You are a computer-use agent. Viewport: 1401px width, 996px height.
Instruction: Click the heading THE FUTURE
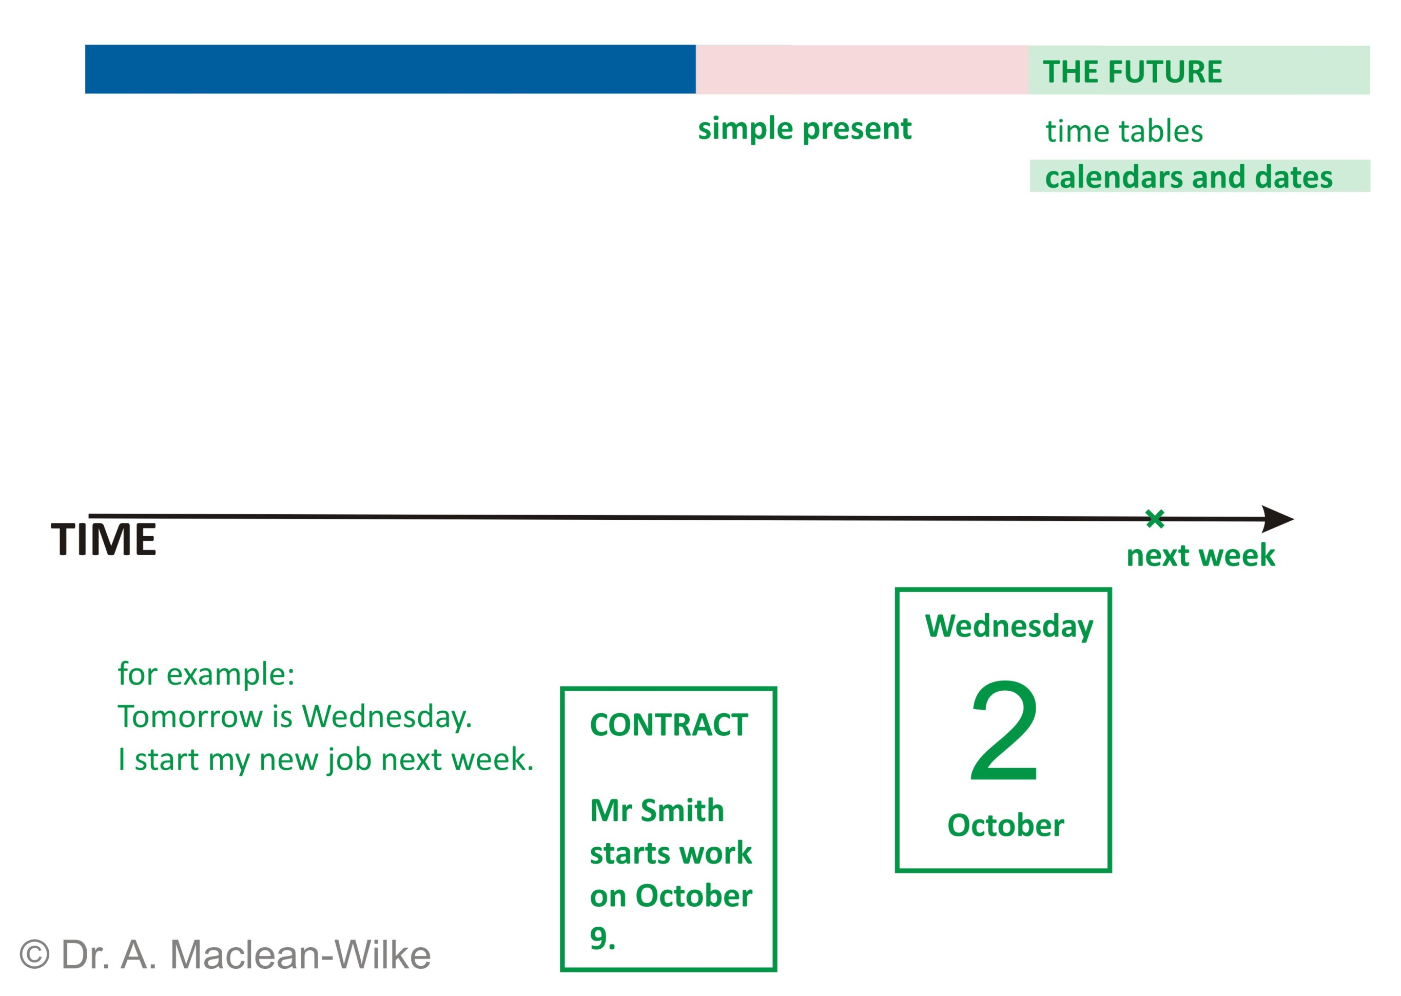coord(1132,72)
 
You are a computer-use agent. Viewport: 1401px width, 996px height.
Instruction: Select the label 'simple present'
coord(804,129)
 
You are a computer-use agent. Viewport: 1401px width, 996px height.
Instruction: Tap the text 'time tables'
coord(1124,131)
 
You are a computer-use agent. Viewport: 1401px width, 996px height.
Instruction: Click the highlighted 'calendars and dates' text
coord(1188,177)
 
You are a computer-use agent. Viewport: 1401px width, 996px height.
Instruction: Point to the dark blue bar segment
coord(390,69)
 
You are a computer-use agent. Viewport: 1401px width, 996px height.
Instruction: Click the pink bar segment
coord(862,70)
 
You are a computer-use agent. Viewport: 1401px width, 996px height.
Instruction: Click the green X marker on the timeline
coord(1155,519)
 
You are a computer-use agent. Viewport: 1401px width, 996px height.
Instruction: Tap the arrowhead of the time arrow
coord(1277,519)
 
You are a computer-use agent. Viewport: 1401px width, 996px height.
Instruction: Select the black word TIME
coord(103,540)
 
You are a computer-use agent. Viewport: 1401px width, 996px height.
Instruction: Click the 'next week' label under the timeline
coord(1200,556)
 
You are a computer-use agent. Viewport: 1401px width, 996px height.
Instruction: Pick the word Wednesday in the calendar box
coord(1009,627)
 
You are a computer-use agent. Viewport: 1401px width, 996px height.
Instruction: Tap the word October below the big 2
coord(1005,826)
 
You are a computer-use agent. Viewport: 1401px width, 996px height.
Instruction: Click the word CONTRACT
coord(669,726)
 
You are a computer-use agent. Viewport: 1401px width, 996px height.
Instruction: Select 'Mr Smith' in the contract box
coord(657,811)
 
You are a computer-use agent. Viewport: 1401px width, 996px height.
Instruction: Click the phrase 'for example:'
coord(206,675)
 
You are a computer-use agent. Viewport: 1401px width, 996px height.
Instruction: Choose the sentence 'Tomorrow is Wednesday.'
coord(295,717)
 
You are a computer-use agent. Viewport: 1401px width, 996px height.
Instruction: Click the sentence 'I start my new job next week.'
coord(326,760)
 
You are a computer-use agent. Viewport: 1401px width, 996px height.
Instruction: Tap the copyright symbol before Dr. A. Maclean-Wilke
coord(34,954)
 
